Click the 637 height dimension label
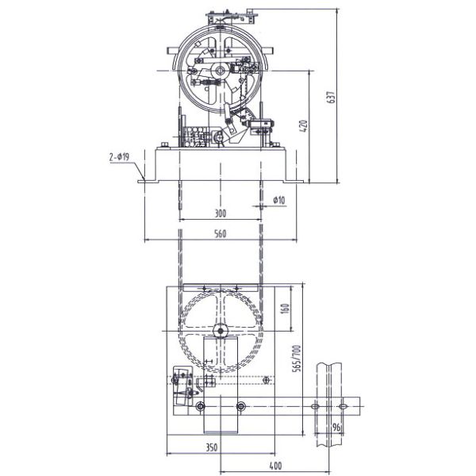click(331, 97)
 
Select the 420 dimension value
click(304, 126)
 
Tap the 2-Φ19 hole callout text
click(119, 157)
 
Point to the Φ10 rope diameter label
click(279, 200)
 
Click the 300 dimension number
click(220, 213)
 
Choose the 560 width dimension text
click(221, 234)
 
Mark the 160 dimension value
click(286, 309)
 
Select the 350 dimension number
click(212, 447)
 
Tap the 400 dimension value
click(275, 466)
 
